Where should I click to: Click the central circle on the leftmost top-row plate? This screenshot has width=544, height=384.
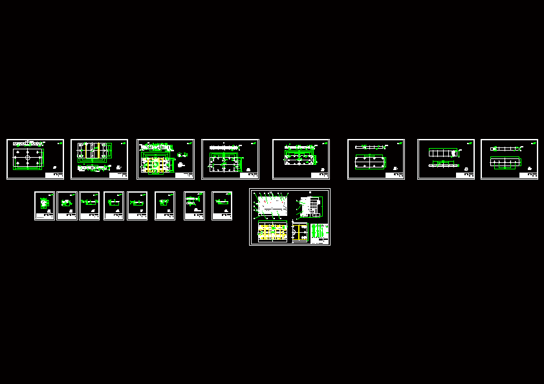pos(28,156)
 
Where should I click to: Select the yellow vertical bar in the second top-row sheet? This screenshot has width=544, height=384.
pos(86,151)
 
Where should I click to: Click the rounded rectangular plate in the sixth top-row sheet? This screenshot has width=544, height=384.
pos(370,164)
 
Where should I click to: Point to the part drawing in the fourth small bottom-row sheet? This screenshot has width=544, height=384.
pos(113,203)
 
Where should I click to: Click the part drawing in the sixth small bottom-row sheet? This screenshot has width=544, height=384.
pos(164,203)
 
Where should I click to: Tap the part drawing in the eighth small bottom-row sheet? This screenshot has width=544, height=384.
pos(221,203)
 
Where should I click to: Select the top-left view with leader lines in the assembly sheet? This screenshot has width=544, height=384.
pos(272,206)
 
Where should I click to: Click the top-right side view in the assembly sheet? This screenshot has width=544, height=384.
pos(310,207)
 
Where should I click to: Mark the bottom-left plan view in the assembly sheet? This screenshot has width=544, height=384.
pos(272,232)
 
